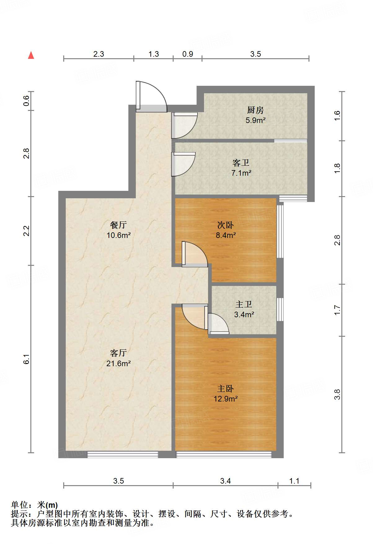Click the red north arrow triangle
pos(31,55)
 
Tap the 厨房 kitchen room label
pos(255,110)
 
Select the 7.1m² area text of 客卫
pos(241,173)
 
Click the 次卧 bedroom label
pos(225,225)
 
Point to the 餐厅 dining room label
pos(118,225)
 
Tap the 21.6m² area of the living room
pos(118,363)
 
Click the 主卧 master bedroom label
pos(225,388)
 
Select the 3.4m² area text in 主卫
pos(244,315)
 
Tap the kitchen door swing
pos(185,125)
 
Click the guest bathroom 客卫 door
pos(184,164)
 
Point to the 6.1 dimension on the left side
pos(27,359)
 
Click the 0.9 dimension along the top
pos(188,54)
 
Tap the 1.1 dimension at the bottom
pos(294,481)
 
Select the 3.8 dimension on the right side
pos(337,394)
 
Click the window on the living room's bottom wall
pos(122,454)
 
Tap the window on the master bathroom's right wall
pos(280,309)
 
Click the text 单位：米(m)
pos(34,505)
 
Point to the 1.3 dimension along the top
pos(153,54)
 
